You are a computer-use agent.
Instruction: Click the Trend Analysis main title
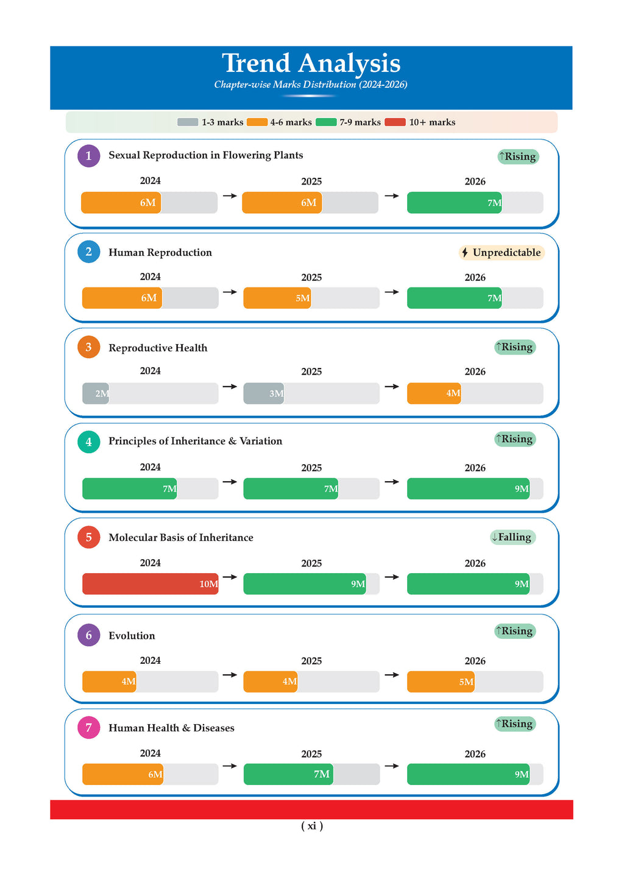point(311,63)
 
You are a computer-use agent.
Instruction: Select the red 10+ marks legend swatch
point(395,122)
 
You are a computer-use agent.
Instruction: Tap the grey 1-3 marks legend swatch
point(188,122)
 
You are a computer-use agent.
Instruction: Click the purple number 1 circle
point(88,156)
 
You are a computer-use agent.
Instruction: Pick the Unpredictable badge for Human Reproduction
point(501,253)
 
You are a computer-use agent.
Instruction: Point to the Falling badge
point(512,537)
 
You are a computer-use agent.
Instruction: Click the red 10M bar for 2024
point(150,584)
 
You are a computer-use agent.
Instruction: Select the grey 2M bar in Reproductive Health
point(96,393)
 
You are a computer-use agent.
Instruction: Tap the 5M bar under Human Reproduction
point(277,298)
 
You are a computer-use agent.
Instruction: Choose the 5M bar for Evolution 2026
point(441,682)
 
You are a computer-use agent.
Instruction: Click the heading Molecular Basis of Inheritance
point(180,538)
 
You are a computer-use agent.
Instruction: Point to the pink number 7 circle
point(88,728)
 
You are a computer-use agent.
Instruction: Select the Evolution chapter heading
point(132,636)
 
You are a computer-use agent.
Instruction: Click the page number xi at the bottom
point(312,826)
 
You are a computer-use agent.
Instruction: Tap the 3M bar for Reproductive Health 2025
point(264,393)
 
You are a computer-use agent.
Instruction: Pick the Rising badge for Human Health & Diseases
point(515,724)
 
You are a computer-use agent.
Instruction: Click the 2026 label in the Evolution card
point(475,661)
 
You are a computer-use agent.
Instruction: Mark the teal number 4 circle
point(88,442)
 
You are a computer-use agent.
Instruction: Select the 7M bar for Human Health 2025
point(288,774)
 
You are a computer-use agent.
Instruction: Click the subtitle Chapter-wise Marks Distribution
point(310,85)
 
